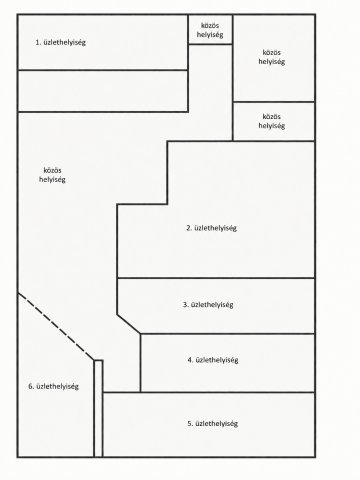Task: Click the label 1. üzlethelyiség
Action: (60, 43)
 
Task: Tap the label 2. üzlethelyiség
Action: (211, 228)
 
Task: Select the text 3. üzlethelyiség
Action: (208, 305)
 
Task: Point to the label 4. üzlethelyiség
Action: (213, 360)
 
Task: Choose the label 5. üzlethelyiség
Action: (213, 424)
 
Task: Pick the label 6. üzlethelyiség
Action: (53, 387)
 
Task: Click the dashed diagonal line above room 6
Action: (56, 327)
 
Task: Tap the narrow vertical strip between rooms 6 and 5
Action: (98, 408)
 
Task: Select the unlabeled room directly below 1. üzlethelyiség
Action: (103, 91)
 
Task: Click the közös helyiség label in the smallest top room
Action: (210, 30)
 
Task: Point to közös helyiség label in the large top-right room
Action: (272, 57)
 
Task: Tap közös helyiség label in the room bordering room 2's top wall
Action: (272, 121)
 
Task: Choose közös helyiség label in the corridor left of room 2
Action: (52, 175)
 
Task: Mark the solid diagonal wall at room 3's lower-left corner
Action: (129, 324)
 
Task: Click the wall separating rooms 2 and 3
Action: (216, 278)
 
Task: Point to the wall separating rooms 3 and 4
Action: (228, 333)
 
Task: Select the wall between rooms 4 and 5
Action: (209, 392)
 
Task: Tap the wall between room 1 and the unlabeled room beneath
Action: (103, 70)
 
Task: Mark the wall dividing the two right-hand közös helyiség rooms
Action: (274, 102)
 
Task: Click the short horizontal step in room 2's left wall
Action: (142, 204)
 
